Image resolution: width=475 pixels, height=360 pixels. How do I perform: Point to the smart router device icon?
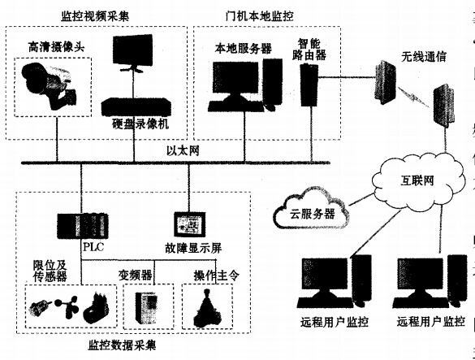click(307, 84)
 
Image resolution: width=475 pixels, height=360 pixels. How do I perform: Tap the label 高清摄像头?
click(49, 46)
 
